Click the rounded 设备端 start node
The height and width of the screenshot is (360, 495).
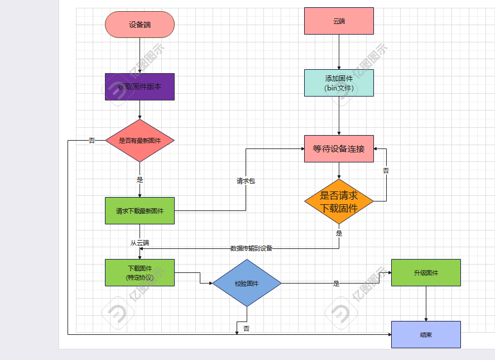(140, 25)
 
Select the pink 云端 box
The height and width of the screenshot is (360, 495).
(339, 21)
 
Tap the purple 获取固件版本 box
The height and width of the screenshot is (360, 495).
(140, 87)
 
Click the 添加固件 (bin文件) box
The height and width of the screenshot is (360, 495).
(339, 83)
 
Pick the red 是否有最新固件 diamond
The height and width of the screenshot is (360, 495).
(140, 141)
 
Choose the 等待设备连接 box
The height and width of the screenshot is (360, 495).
(339, 149)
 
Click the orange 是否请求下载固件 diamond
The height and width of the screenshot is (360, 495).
(339, 201)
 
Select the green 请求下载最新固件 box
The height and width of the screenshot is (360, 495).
(140, 211)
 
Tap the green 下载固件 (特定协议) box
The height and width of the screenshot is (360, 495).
(140, 272)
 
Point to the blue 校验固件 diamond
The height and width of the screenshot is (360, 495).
(247, 283)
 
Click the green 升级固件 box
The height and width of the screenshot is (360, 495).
(426, 272)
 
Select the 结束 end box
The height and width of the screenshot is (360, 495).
(426, 334)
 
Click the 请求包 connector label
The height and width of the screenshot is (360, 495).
(246, 181)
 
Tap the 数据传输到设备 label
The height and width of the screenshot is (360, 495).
(251, 248)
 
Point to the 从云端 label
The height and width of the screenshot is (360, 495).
(140, 243)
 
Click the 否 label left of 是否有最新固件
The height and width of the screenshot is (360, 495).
(92, 141)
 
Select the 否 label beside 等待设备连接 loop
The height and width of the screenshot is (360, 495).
(386, 171)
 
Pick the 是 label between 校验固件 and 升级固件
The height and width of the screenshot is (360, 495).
(336, 284)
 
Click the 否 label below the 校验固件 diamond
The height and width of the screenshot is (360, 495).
(246, 328)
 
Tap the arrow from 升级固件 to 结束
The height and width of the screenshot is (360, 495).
(426, 304)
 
